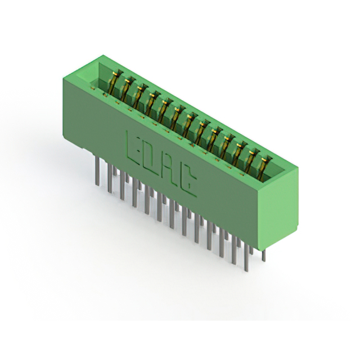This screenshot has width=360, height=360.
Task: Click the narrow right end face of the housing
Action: (x=277, y=208)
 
